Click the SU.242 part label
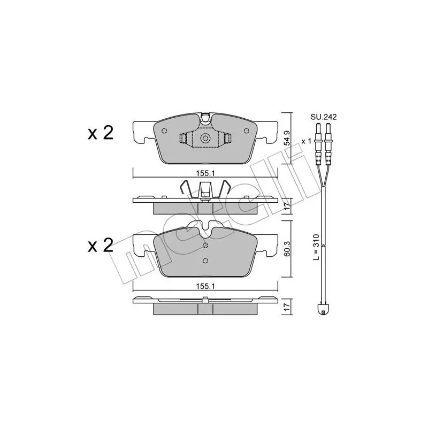[x=324, y=117]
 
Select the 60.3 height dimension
[x=286, y=248]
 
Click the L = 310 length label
[x=316, y=247]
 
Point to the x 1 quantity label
[x=306, y=141]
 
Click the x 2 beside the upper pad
[x=100, y=133]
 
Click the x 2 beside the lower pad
[x=100, y=245]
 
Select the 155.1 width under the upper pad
[x=205, y=173]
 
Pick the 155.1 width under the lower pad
[x=205, y=286]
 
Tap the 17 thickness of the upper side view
[x=286, y=206]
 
